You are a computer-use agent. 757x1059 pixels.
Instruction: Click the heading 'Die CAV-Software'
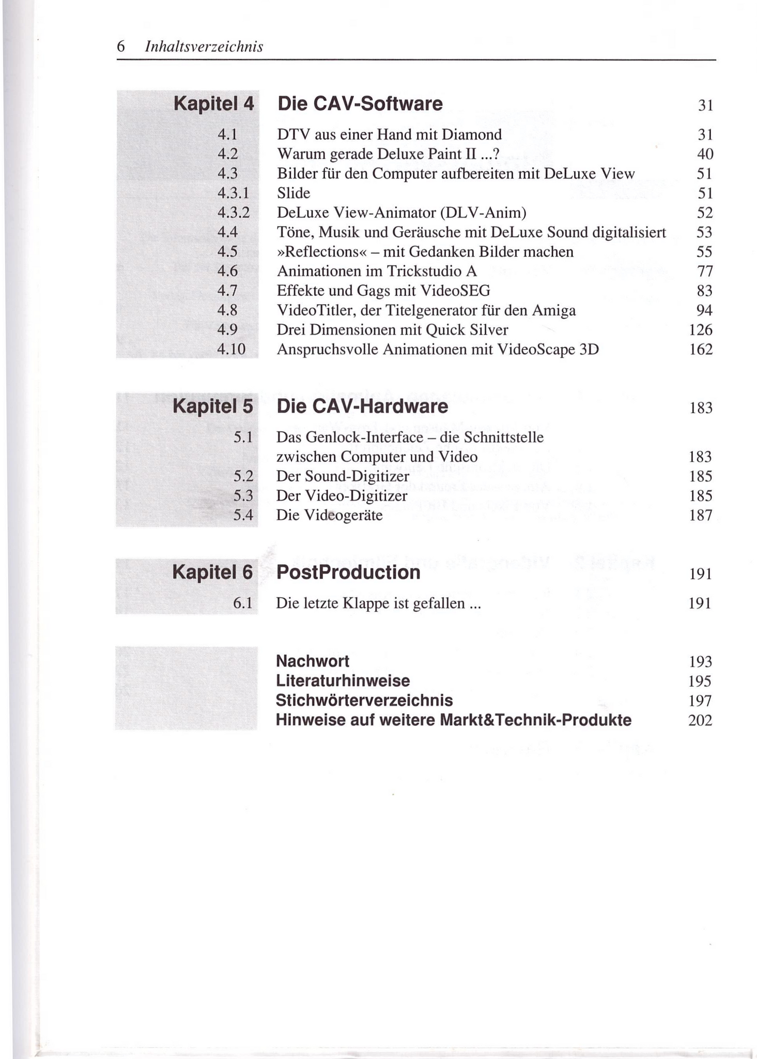click(360, 104)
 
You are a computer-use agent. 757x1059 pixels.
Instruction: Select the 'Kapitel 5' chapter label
click(213, 406)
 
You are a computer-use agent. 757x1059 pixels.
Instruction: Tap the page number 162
click(701, 350)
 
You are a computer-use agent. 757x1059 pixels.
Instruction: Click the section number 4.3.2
click(233, 213)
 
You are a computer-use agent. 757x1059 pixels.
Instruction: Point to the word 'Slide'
click(293, 193)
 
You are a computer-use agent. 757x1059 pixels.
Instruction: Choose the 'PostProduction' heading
click(348, 572)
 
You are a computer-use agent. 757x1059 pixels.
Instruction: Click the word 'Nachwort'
click(312, 661)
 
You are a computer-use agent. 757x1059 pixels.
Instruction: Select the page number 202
click(700, 720)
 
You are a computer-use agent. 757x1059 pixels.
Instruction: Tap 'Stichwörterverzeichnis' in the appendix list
click(364, 701)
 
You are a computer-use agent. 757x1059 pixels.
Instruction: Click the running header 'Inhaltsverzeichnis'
click(204, 47)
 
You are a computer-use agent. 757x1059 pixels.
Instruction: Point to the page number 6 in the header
click(121, 47)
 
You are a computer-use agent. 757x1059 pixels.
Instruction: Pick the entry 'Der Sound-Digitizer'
click(343, 476)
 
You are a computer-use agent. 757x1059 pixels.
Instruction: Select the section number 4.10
click(231, 350)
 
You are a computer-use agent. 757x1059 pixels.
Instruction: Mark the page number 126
click(701, 330)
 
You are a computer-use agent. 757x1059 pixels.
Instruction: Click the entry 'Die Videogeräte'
click(329, 516)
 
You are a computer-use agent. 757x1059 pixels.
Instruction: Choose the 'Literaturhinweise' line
click(343, 681)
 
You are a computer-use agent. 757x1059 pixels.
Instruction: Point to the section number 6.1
click(242, 603)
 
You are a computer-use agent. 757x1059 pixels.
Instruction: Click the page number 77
click(705, 271)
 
